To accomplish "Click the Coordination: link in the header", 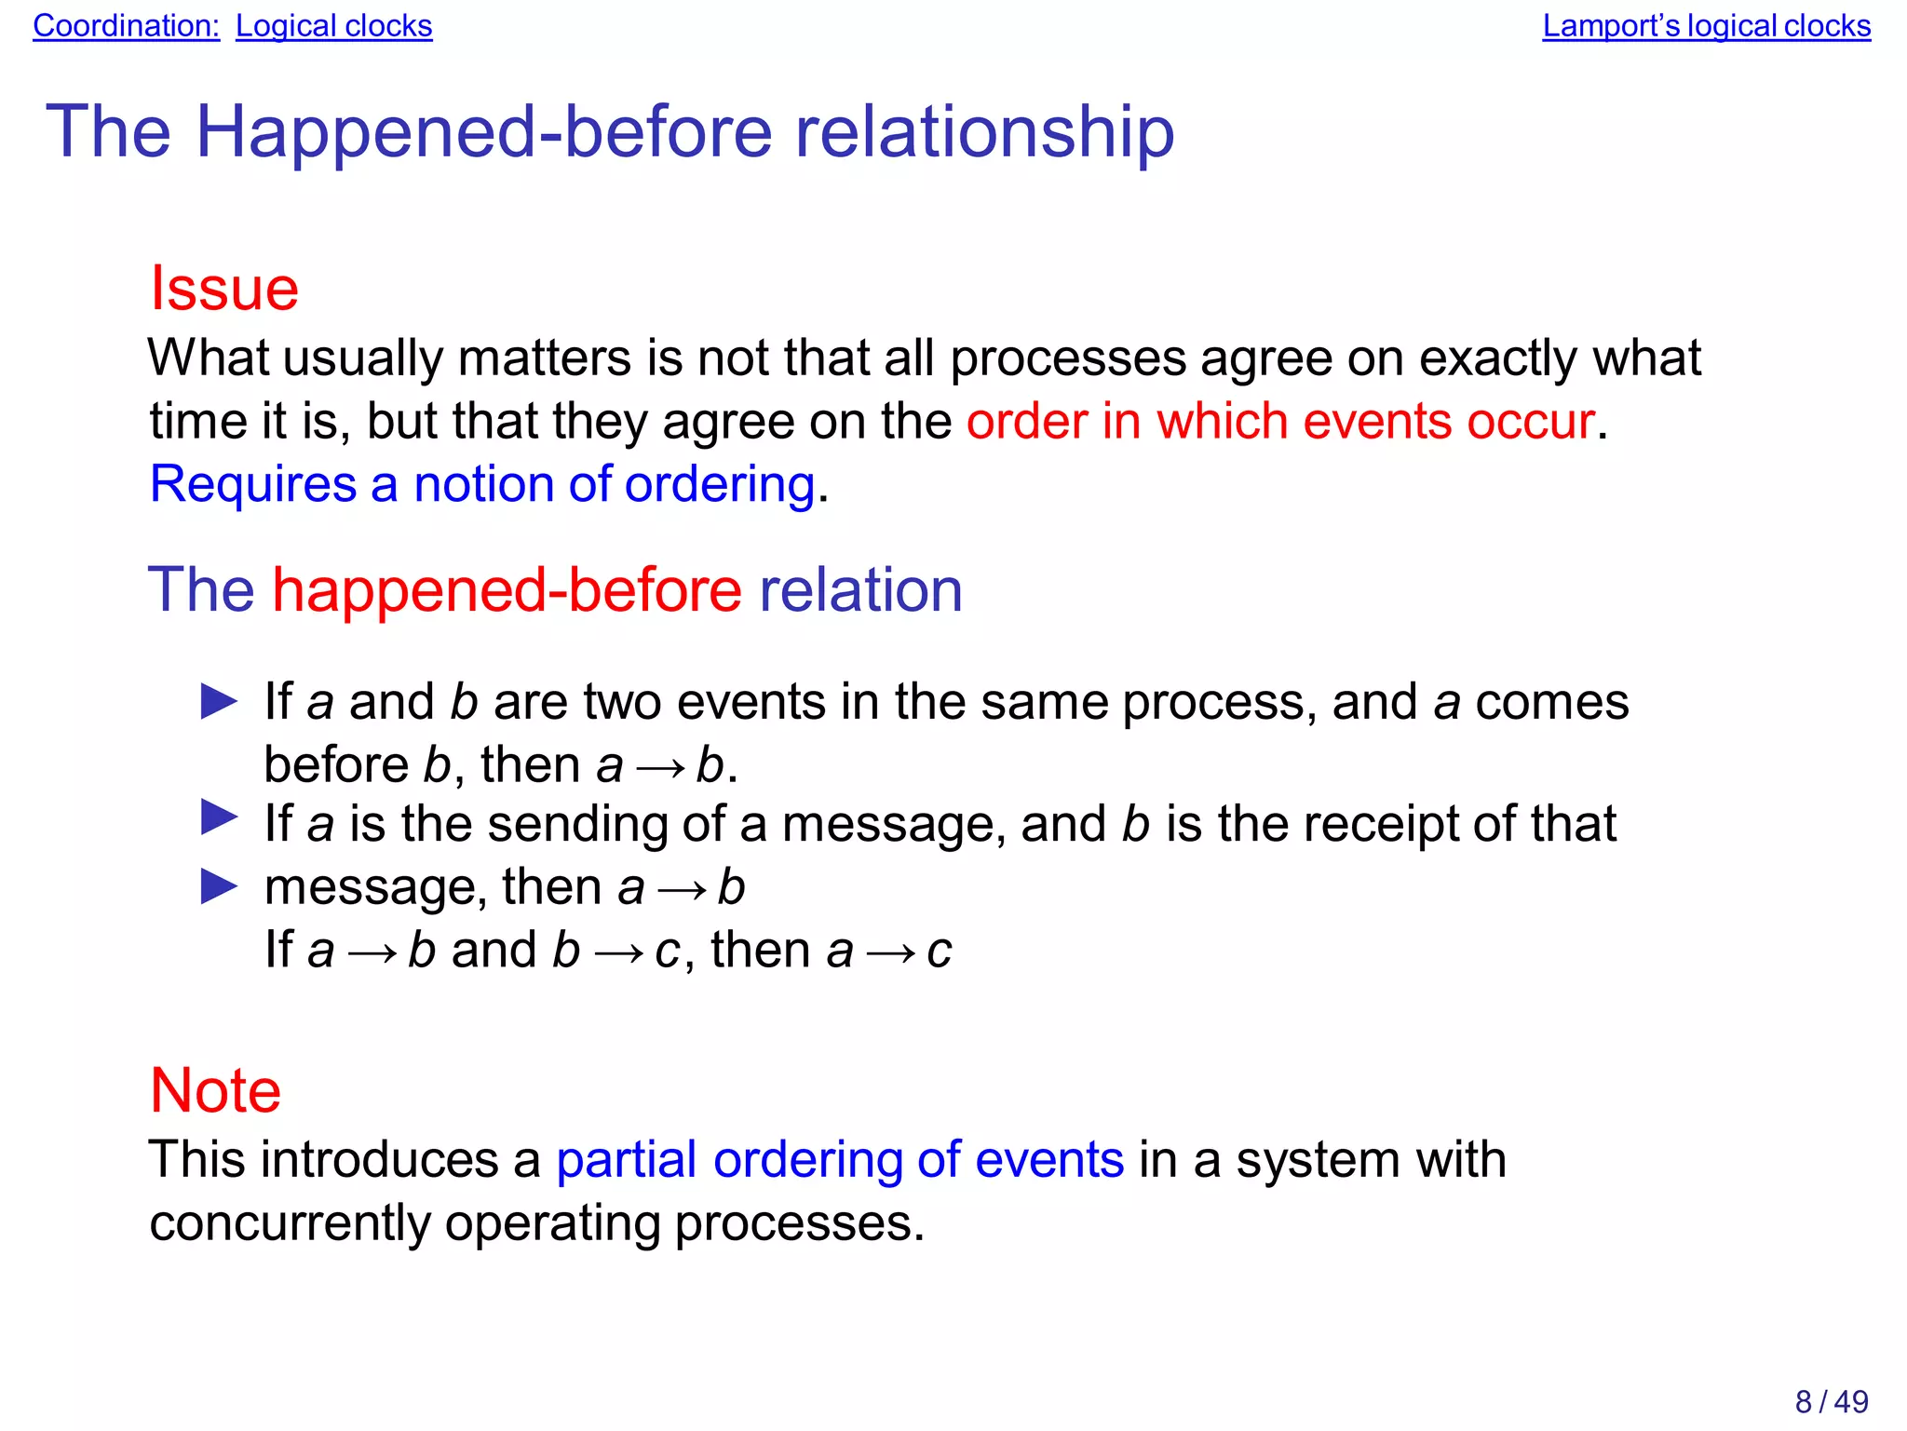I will click(x=126, y=26).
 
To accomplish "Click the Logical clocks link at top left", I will click(x=333, y=26).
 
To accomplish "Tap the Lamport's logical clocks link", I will click(x=1706, y=26).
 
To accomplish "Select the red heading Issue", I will click(x=224, y=289).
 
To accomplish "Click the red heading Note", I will click(x=215, y=1090).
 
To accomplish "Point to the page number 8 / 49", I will click(x=1831, y=1401).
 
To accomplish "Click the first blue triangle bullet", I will click(x=220, y=702).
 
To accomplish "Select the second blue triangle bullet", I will click(x=220, y=818).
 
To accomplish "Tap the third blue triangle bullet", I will click(x=220, y=887).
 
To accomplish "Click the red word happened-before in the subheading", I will click(x=507, y=590).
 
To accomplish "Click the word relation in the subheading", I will click(x=860, y=590).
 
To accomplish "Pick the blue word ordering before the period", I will click(x=719, y=485).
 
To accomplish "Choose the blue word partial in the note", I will click(x=626, y=1160).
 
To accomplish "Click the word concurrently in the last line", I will click(x=289, y=1223).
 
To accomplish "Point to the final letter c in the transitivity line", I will click(x=940, y=952).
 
